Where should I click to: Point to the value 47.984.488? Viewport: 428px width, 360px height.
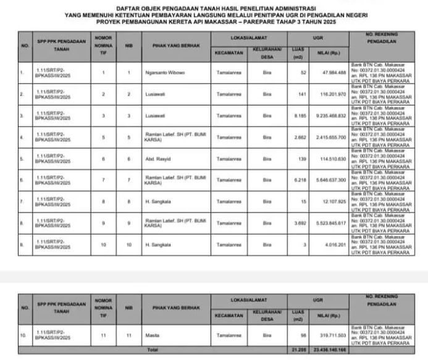click(x=332, y=73)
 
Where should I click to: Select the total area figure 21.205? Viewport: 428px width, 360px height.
click(x=298, y=350)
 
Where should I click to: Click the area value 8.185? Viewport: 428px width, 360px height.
click(x=300, y=115)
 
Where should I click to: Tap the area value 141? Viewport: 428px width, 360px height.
click(x=302, y=94)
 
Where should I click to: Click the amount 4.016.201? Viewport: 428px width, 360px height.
click(x=334, y=245)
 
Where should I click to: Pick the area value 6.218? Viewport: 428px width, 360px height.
click(x=300, y=180)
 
